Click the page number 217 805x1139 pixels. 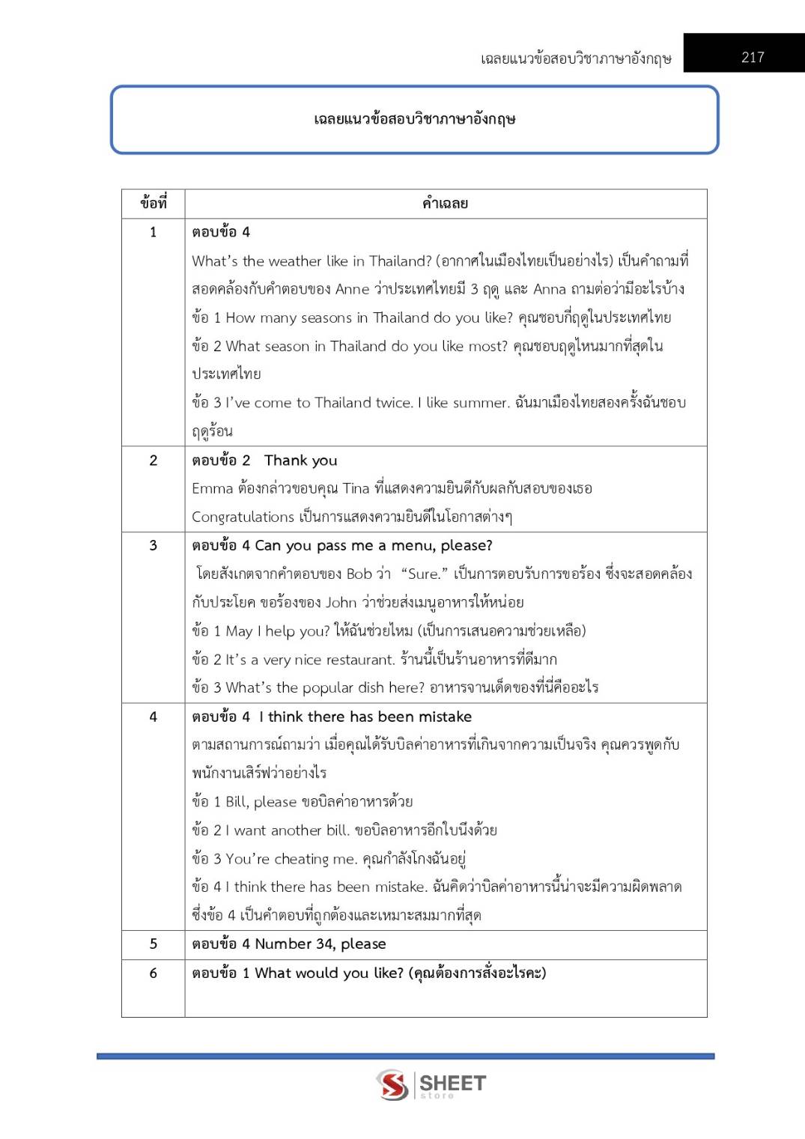tap(753, 57)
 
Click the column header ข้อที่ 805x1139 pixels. tap(154, 203)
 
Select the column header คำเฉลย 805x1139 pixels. tap(445, 203)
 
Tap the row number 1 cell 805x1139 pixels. tap(154, 232)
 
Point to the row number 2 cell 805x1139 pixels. tap(154, 461)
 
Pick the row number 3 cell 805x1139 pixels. tap(154, 545)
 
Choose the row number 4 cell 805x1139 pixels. tap(154, 717)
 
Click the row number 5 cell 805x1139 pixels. tap(154, 944)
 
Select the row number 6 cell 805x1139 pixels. tap(154, 973)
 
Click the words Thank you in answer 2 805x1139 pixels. tap(300, 461)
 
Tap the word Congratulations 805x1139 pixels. tap(243, 517)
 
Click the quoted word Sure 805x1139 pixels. tap(424, 574)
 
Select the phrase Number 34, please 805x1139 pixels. tap(321, 944)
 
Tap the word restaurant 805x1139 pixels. tap(353, 660)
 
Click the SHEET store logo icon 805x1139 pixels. tap(392, 1084)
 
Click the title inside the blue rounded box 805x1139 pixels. tap(414, 119)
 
